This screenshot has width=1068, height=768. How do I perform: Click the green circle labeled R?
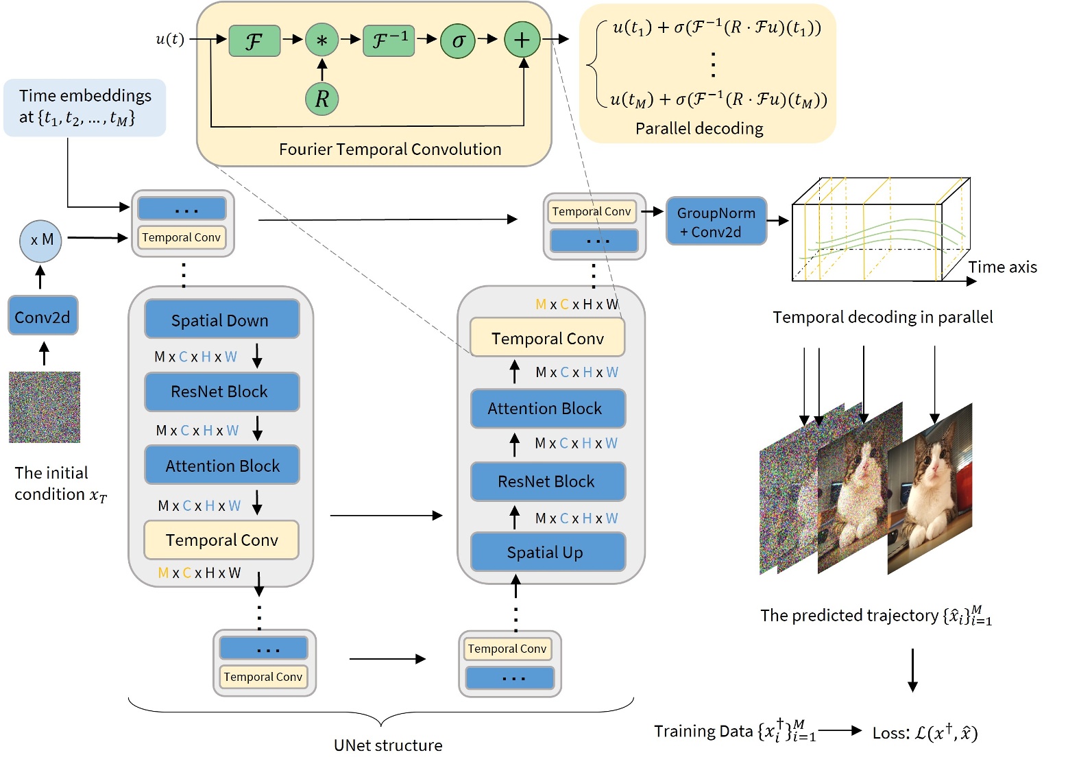click(x=321, y=99)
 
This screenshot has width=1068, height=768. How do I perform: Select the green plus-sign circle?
click(x=522, y=40)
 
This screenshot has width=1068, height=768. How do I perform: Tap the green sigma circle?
click(x=458, y=40)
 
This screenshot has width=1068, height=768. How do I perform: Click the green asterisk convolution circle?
click(x=321, y=40)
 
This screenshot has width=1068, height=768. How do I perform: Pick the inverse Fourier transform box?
click(x=389, y=40)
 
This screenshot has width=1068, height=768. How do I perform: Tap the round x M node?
click(x=41, y=241)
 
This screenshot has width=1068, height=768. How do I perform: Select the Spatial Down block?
click(x=221, y=320)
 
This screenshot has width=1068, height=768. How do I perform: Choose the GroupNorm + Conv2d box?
click(x=716, y=221)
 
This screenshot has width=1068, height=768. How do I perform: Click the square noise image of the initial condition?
click(x=45, y=407)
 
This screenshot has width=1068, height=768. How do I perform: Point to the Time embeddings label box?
click(x=84, y=107)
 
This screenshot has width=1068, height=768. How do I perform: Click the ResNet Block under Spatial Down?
click(x=221, y=392)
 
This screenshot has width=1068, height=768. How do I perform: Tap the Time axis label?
click(x=1002, y=267)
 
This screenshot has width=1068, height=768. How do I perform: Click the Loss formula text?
click(x=925, y=732)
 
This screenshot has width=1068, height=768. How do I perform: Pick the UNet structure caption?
click(x=388, y=745)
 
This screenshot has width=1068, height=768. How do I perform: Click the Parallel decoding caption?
click(x=699, y=128)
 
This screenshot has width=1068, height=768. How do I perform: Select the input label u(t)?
click(x=169, y=38)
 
